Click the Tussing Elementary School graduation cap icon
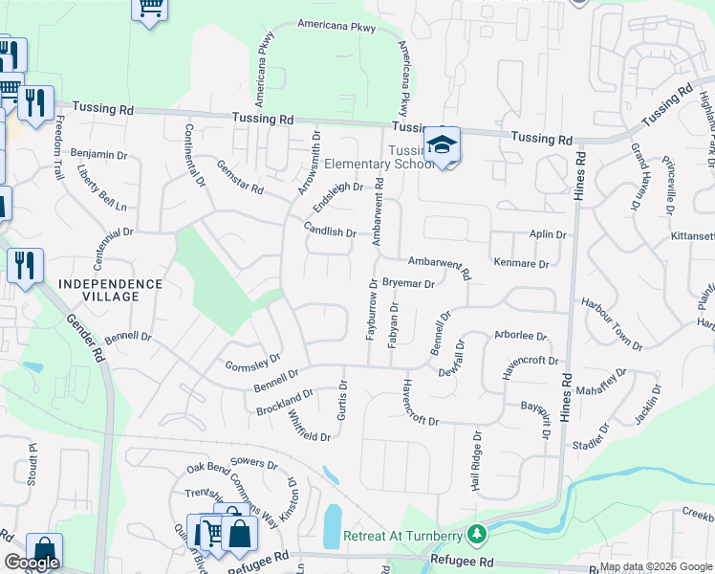(442, 144)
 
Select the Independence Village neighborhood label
(110, 284)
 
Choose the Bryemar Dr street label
(408, 283)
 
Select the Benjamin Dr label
(99, 154)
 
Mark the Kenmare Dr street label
(521, 263)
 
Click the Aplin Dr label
(548, 233)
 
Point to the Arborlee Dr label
(519, 336)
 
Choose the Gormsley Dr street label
(251, 362)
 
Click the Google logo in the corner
(31, 562)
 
